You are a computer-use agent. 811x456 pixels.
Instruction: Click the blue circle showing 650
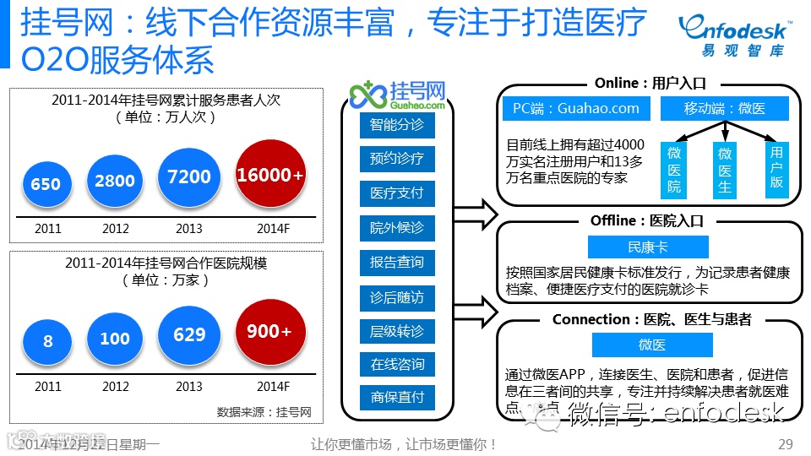point(46,183)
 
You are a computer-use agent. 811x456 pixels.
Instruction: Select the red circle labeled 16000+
point(270,174)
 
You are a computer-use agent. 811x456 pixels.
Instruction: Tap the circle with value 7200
point(189,176)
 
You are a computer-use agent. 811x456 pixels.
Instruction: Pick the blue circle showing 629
point(189,334)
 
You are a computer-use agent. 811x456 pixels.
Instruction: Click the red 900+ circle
point(269,332)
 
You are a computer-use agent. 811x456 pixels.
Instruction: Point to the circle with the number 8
point(47,342)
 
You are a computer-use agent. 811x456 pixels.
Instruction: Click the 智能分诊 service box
point(397,126)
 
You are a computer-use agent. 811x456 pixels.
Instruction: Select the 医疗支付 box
point(397,193)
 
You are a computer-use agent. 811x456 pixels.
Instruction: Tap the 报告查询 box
point(397,262)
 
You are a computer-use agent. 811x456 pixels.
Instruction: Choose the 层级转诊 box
point(397,330)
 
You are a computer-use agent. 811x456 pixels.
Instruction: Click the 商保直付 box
point(397,397)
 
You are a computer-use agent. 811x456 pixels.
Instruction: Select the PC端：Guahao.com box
point(576,108)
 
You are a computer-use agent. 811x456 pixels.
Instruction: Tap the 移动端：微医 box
point(725,108)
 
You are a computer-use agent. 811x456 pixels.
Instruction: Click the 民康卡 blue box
point(648,247)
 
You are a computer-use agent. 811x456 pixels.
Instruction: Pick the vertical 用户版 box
point(776,170)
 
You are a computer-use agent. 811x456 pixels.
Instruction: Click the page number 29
point(785,444)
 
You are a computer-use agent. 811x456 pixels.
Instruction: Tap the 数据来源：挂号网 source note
point(264,412)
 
